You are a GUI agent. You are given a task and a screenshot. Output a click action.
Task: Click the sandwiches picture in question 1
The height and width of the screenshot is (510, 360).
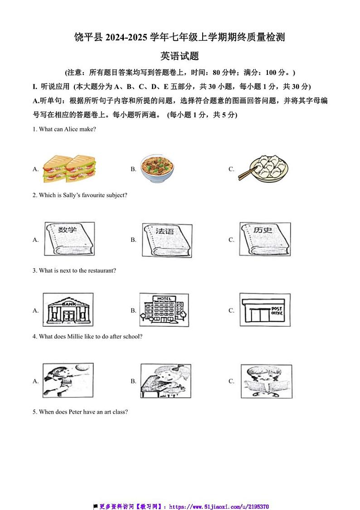[63, 169]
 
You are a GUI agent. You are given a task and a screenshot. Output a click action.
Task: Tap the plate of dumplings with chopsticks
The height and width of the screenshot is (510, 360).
[264, 169]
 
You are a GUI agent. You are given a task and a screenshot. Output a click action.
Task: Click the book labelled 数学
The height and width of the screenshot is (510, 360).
[69, 239]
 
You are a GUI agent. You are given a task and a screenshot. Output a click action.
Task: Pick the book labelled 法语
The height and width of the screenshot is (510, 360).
[167, 240]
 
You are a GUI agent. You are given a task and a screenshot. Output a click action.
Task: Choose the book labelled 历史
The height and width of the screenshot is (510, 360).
[265, 239]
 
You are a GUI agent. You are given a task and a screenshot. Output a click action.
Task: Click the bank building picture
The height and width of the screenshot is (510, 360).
[68, 310]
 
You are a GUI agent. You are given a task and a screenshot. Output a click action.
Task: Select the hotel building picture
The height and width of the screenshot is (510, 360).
[164, 310]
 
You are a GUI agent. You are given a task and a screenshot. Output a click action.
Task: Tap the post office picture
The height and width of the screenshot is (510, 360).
[265, 310]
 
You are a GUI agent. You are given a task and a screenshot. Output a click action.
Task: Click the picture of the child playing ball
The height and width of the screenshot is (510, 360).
[68, 381]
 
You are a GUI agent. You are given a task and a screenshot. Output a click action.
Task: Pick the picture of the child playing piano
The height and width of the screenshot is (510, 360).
[165, 381]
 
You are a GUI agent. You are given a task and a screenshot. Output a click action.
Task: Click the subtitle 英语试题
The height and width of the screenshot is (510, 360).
[180, 56]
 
